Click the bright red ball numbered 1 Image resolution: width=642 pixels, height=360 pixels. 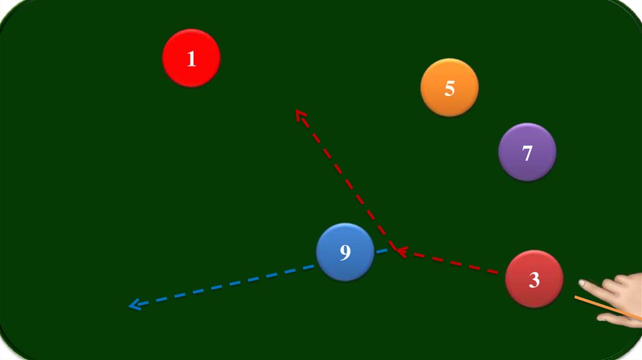(191, 58)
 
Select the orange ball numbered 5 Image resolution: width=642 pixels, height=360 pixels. (450, 88)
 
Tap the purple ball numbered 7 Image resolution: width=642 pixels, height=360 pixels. (527, 152)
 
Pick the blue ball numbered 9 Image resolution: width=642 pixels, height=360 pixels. (345, 252)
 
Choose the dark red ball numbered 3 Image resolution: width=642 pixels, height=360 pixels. (534, 279)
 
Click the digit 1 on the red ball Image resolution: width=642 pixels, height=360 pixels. (191, 58)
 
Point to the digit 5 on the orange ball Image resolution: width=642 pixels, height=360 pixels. (450, 88)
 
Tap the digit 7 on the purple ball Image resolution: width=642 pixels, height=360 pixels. (527, 152)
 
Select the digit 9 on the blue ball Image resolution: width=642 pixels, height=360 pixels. (345, 253)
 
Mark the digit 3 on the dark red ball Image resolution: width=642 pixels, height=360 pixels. (534, 280)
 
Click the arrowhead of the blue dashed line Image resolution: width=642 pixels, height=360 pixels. (133, 305)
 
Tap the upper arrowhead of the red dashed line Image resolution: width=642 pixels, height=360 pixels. (300, 114)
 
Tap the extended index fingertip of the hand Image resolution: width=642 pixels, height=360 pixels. (582, 283)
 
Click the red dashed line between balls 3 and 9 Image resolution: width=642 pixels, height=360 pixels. (451, 263)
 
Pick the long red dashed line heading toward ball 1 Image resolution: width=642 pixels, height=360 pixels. (345, 182)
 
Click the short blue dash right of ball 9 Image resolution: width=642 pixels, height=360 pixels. (382, 251)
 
